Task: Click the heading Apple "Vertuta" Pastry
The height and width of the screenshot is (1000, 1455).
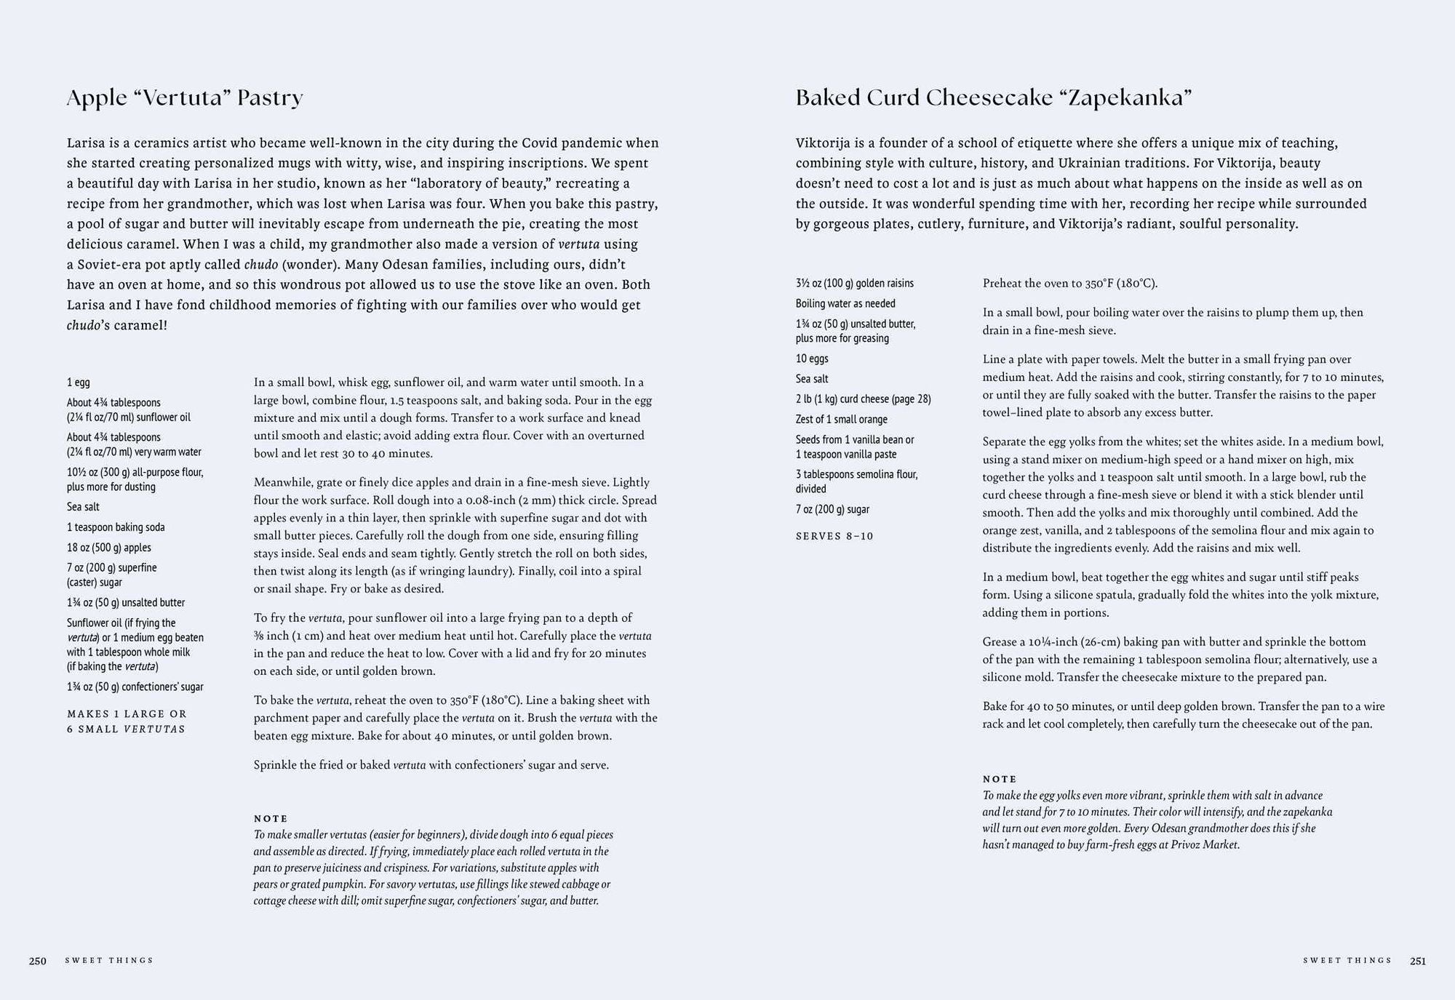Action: tap(185, 97)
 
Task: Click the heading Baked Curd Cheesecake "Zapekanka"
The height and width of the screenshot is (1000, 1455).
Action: tap(993, 97)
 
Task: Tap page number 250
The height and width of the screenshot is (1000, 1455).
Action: tap(38, 961)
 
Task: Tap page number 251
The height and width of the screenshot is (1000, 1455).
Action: tap(1418, 961)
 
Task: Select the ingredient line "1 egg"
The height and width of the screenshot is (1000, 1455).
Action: tap(79, 383)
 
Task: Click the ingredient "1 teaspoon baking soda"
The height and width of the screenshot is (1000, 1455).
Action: tap(116, 527)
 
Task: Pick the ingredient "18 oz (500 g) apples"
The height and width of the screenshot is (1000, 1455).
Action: tap(109, 548)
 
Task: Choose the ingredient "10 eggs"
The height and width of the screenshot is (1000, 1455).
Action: tap(812, 359)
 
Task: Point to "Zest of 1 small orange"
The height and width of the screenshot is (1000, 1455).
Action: tap(842, 420)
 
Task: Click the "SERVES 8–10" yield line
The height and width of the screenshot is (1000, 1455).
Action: tap(834, 536)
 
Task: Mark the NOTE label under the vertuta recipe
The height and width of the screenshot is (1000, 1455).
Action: tap(271, 818)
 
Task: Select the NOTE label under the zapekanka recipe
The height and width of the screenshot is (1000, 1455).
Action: tap(1000, 779)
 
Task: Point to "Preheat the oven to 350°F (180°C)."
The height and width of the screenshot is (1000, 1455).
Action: tap(1069, 284)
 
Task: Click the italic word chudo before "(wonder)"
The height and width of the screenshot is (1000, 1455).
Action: tap(260, 264)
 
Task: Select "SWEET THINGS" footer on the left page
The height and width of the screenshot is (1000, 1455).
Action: tap(109, 961)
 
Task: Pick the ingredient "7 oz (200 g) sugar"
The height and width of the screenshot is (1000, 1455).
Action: tap(832, 510)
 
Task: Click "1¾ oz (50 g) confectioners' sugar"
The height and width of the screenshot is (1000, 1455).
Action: tap(135, 687)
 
